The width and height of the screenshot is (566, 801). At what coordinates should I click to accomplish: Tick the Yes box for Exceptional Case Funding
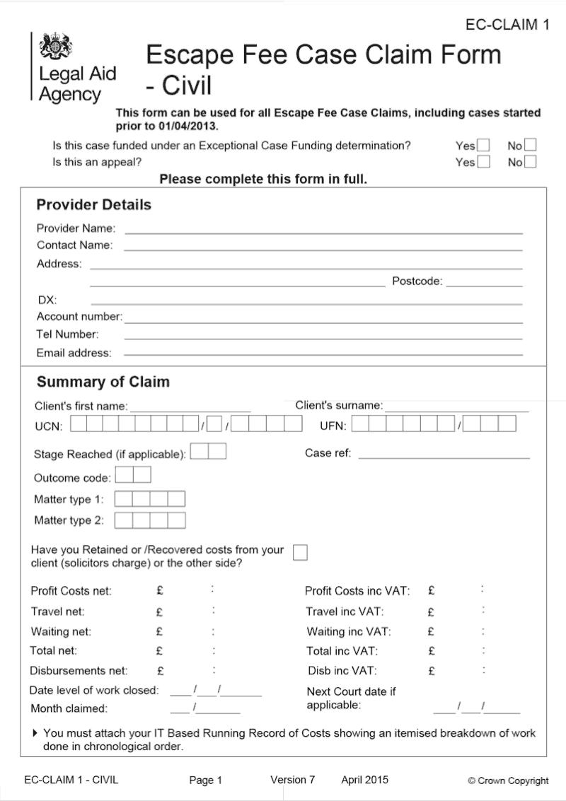point(484,146)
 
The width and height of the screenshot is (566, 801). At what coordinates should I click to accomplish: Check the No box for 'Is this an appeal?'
point(530,162)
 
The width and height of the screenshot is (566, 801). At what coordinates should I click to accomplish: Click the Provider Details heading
point(93,205)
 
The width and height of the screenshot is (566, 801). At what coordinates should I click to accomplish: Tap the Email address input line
point(323,353)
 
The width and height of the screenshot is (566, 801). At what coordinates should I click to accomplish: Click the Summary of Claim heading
point(103,382)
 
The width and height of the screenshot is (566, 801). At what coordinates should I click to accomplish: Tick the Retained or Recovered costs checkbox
point(300,552)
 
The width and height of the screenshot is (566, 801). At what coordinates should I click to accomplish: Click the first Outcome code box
point(124,474)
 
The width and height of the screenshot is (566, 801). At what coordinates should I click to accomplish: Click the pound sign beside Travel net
point(160,612)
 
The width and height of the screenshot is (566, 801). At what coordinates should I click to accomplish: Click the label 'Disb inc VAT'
point(342,670)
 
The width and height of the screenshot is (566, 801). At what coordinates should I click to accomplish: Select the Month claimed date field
point(205,708)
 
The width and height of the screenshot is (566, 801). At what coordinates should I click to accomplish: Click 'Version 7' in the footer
point(292,780)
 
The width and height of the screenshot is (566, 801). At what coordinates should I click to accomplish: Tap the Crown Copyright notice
point(508,780)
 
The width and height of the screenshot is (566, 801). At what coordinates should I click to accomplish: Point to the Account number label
point(79,317)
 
